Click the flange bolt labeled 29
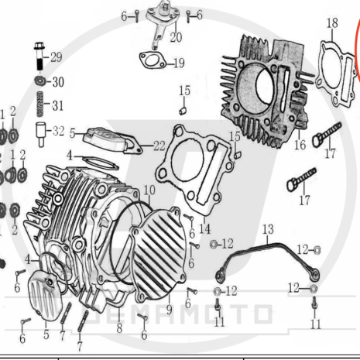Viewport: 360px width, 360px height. [39, 56]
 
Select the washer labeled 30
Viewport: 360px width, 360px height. [40, 81]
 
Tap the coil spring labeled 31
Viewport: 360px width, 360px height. [40, 104]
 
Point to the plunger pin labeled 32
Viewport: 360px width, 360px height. [40, 134]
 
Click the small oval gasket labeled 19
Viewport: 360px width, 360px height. [153, 60]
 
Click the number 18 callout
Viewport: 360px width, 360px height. [332, 23]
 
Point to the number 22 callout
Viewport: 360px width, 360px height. [159, 146]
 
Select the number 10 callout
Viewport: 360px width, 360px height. [149, 190]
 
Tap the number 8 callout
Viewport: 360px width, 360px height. [119, 328]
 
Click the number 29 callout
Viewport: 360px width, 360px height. [57, 57]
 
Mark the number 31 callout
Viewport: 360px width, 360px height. [58, 105]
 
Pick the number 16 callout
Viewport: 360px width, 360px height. [300, 145]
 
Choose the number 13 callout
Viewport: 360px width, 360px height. [268, 229]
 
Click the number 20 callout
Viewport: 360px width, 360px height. [176, 37]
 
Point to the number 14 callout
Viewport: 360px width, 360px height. [204, 229]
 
